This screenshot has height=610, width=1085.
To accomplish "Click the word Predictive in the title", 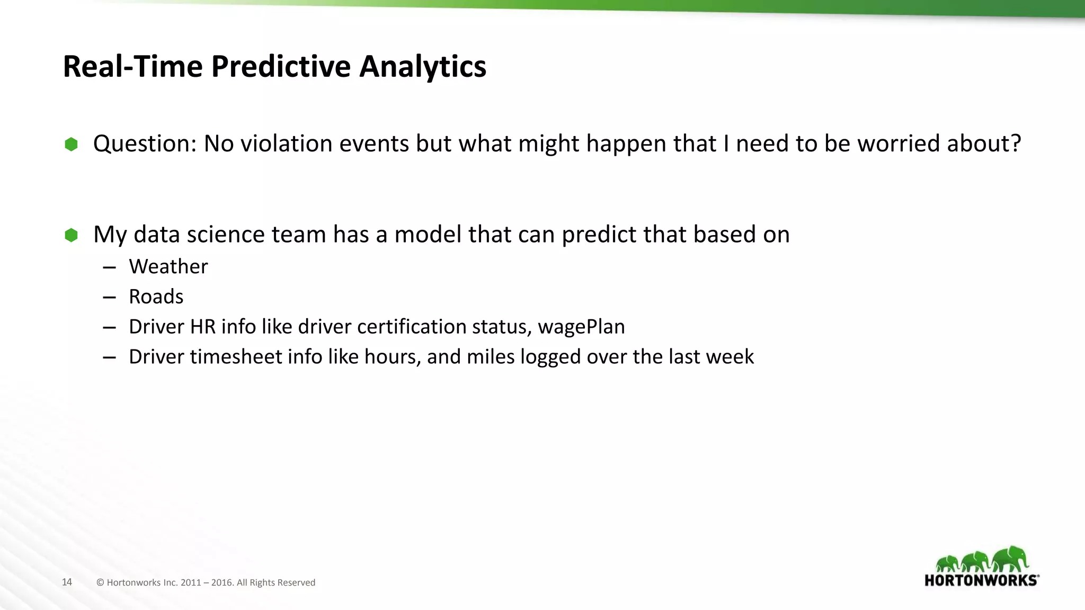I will [x=281, y=67].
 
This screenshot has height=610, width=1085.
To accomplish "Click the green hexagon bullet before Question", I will [x=71, y=144].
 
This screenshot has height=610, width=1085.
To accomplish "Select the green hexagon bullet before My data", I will [x=71, y=235].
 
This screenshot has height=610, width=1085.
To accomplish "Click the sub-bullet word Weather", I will [x=168, y=266].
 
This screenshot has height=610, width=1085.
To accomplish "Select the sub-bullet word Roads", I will [x=156, y=297].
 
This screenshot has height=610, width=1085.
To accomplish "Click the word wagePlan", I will [x=581, y=327].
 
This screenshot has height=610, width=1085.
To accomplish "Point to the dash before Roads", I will [x=109, y=298].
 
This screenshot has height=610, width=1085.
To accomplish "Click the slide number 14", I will [x=67, y=582].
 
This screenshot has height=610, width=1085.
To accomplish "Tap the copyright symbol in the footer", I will [x=100, y=582].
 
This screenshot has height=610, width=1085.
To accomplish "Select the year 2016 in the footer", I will [x=221, y=582].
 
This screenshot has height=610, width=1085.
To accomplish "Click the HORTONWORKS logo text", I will [x=981, y=580].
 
